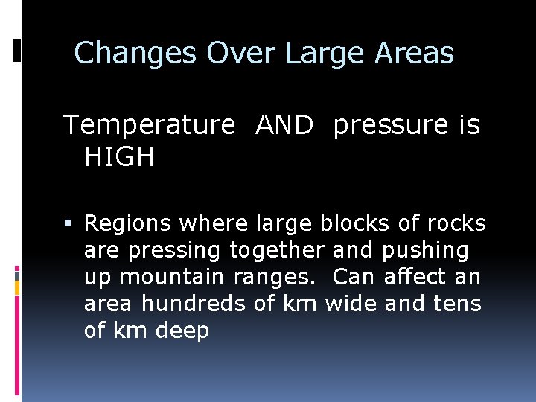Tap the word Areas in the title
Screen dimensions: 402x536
coord(414,54)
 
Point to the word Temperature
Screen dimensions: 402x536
coord(149,125)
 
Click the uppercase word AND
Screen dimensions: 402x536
coord(284,125)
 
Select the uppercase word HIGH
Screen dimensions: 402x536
coord(119,157)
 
